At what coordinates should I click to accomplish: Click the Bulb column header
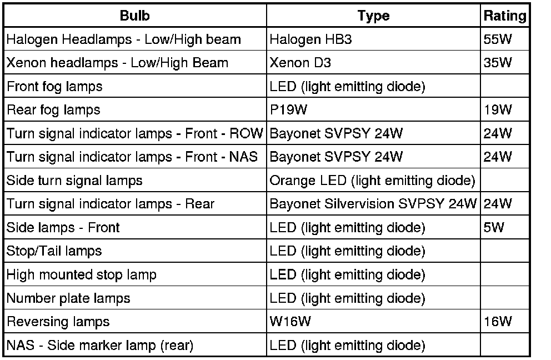coord(134,16)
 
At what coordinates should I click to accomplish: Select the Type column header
coord(373,16)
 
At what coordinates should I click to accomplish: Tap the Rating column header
coord(504,16)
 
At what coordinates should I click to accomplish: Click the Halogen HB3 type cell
coord(310,39)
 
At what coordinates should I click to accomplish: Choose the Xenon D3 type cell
coord(300,63)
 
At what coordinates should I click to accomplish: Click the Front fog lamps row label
coord(54,87)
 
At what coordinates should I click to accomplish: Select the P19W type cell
coord(288,110)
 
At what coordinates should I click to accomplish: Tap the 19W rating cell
coord(497,110)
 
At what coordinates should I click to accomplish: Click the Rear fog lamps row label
coord(53,110)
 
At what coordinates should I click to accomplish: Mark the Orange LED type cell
coord(372,181)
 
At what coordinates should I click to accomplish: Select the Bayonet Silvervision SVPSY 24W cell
coord(373,204)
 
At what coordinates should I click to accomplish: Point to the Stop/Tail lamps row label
coord(54,251)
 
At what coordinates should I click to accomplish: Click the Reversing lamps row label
coord(58,321)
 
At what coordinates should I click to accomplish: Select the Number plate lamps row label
coord(68,298)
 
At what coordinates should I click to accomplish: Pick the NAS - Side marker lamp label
coord(100,345)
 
